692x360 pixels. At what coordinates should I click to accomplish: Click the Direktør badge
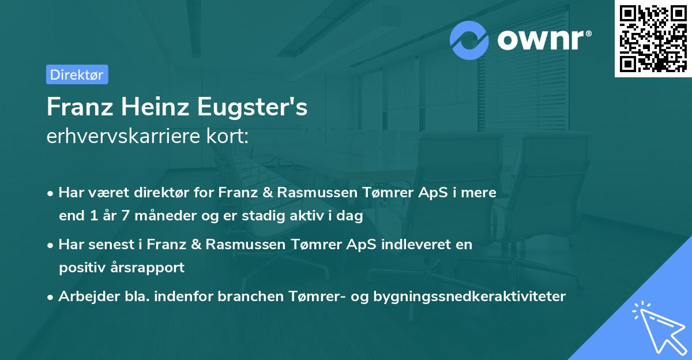tap(77, 74)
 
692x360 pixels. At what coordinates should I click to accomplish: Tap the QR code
tap(653, 39)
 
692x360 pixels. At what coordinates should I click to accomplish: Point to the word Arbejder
tap(85, 297)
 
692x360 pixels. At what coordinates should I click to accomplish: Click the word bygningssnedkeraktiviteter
tap(469, 297)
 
